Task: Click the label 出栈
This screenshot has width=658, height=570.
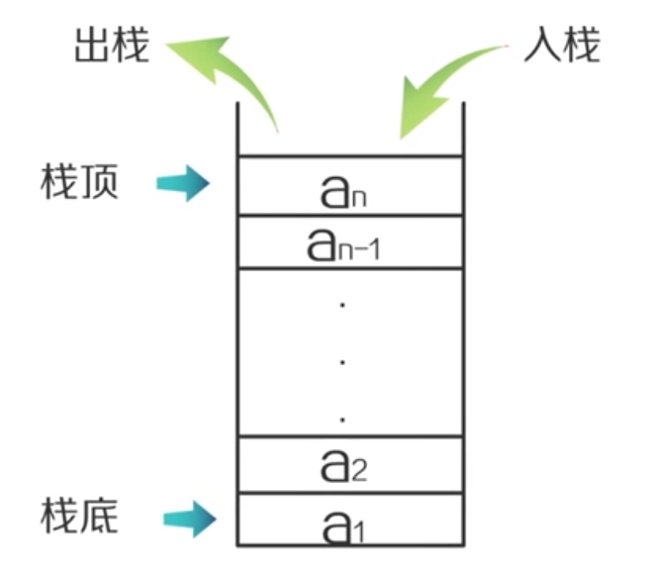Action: pos(112,47)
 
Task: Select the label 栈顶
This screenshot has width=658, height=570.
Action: pos(80,182)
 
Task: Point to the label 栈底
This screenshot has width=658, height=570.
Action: pos(80,516)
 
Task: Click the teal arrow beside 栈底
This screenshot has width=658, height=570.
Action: pos(187,516)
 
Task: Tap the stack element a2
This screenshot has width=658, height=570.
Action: pos(345,464)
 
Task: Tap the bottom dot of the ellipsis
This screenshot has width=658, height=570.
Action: pos(341,420)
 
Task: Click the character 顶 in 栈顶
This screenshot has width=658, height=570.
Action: pos(99,182)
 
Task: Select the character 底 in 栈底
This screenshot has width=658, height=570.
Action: pos(99,516)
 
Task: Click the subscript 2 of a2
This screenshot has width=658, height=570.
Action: pos(359,470)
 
